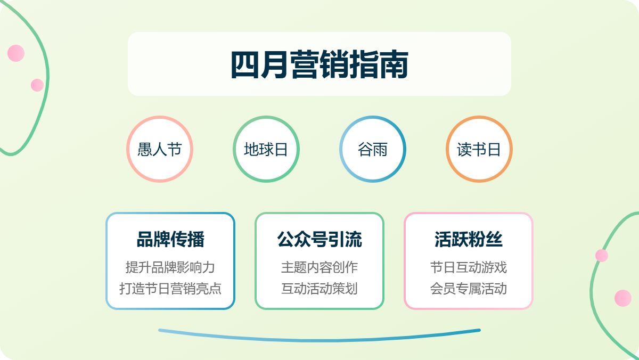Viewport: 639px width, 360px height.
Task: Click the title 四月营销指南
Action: (x=319, y=64)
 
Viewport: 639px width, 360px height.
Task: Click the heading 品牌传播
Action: (x=170, y=239)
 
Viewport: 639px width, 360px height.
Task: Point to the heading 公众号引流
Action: (x=319, y=239)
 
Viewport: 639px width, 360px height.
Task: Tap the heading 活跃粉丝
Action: (x=469, y=239)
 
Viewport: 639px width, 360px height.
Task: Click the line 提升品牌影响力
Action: (x=170, y=267)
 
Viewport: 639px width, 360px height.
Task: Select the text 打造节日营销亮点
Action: (x=170, y=289)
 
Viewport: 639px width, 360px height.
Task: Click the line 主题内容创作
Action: (x=319, y=267)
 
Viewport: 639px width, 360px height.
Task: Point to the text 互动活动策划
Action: (x=319, y=289)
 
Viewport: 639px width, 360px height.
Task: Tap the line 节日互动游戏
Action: (x=469, y=267)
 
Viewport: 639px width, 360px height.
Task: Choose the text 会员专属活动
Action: (x=469, y=289)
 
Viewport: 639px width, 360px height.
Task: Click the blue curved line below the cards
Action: (x=319, y=340)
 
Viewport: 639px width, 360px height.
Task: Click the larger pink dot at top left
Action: (x=16, y=53)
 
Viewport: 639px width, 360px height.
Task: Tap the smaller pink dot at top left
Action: (x=37, y=85)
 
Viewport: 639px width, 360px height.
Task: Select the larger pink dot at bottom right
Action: (x=622, y=298)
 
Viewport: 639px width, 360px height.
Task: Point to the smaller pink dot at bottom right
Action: (x=602, y=255)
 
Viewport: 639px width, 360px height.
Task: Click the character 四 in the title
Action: (x=245, y=64)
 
